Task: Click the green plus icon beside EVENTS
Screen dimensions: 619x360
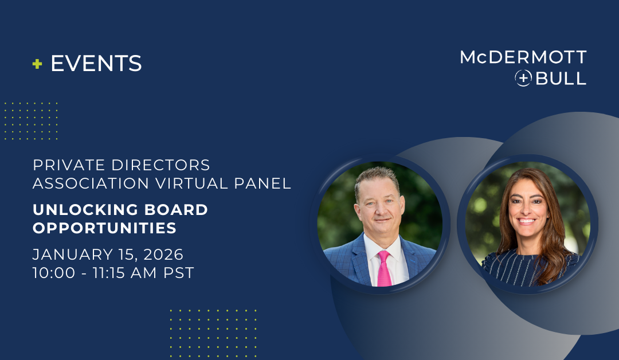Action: tap(37, 64)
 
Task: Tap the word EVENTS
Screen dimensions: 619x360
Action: tap(96, 64)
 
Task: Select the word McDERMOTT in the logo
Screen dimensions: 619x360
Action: tap(523, 57)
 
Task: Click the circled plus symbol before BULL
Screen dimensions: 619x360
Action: tap(523, 78)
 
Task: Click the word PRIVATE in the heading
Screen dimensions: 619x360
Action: tap(69, 165)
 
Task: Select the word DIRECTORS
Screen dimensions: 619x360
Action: tap(160, 165)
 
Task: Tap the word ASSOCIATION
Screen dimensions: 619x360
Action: tap(91, 183)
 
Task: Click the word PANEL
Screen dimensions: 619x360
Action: tap(263, 183)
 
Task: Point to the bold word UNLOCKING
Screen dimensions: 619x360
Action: tap(85, 210)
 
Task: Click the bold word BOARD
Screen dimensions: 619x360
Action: tap(176, 210)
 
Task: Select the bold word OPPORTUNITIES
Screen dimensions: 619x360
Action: tap(105, 228)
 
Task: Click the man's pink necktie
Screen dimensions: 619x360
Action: tap(384, 269)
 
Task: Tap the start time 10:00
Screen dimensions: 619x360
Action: tap(54, 273)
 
